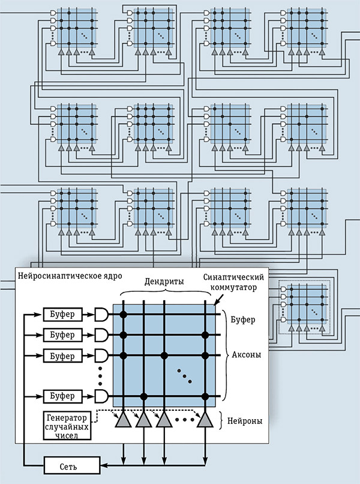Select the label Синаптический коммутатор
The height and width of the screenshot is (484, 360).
click(229, 282)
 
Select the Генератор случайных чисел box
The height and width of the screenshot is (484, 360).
click(66, 425)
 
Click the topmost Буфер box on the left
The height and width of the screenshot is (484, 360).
click(63, 314)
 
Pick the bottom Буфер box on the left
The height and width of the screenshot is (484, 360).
click(63, 396)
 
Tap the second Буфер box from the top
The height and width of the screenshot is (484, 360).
click(63, 334)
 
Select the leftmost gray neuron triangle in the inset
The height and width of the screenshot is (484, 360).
click(124, 420)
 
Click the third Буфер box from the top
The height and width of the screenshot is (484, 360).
click(63, 354)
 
